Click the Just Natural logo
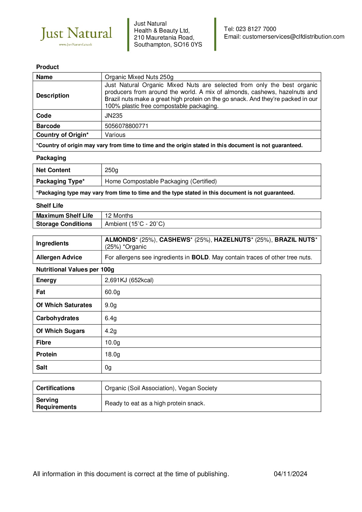[x=76, y=35]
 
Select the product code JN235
[x=114, y=116]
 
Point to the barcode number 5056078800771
[x=126, y=126]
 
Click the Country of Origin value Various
[x=115, y=135]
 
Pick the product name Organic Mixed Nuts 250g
[x=139, y=77]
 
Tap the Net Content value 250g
[x=112, y=170]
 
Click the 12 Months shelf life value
[x=119, y=216]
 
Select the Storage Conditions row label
[x=64, y=224]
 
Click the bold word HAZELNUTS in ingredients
[x=233, y=240]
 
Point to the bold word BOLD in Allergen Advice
[x=200, y=257]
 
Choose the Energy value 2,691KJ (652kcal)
[x=129, y=280]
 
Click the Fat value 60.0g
[x=112, y=292]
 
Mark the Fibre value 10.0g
[x=112, y=342]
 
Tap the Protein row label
[x=47, y=354]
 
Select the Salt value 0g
[x=108, y=367]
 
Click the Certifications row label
[x=55, y=388]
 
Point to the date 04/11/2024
[x=290, y=474]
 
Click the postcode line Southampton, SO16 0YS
[x=168, y=45]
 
